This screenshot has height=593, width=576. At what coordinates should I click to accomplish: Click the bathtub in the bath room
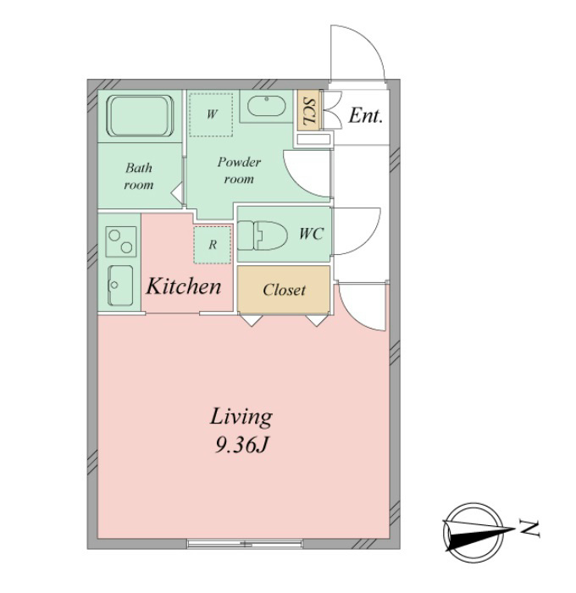[x=141, y=115]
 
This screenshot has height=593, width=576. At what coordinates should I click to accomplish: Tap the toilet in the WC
[x=262, y=236]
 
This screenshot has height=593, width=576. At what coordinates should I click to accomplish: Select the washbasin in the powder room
[x=267, y=106]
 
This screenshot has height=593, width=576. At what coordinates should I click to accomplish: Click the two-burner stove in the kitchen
[x=121, y=241]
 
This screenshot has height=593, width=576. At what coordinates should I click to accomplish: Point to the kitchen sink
[x=120, y=285]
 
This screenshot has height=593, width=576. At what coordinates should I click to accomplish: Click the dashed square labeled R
[x=212, y=245]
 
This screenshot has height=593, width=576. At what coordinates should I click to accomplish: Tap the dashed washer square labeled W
[x=211, y=114]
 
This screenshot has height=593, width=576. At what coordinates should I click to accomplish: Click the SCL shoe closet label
[x=309, y=112]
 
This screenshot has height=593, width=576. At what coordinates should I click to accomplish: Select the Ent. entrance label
[x=365, y=115]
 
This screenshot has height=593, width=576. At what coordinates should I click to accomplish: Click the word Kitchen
[x=184, y=286]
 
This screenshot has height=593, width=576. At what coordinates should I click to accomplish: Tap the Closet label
[x=284, y=290]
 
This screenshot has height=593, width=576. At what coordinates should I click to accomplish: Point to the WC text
[x=311, y=234]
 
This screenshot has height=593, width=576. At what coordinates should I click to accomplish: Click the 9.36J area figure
[x=241, y=445]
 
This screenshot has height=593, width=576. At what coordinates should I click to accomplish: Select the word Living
[x=241, y=417]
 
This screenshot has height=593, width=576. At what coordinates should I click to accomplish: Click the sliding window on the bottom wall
[x=245, y=544]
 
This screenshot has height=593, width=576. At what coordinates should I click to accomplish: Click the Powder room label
[x=239, y=170]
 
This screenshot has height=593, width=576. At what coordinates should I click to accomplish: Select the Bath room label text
[x=139, y=176]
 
